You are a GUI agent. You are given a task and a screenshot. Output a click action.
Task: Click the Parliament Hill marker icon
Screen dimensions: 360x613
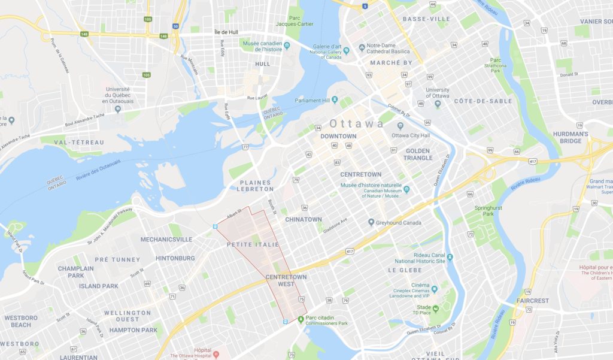(x=335, y=99)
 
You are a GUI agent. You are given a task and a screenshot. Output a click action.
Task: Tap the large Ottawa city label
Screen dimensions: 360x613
(x=357, y=124)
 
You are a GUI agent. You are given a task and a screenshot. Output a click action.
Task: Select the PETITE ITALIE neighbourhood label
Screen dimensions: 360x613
(x=252, y=245)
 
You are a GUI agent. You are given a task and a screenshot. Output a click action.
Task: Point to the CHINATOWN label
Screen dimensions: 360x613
(x=304, y=220)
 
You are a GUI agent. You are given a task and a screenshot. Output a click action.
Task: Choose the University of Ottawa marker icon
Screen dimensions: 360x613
(x=438, y=105)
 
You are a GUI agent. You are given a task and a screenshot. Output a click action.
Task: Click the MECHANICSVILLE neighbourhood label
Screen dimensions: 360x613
(x=166, y=240)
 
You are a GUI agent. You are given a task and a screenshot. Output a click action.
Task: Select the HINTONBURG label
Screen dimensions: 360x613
(x=175, y=258)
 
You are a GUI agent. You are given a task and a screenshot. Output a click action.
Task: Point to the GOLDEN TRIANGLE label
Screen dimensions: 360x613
(x=418, y=154)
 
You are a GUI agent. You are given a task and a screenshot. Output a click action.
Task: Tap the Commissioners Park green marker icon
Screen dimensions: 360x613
(x=301, y=318)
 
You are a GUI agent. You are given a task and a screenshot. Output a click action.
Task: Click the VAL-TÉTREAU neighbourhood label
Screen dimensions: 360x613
(x=79, y=143)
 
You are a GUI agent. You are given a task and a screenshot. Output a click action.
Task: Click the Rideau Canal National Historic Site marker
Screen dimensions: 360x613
(x=450, y=258)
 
